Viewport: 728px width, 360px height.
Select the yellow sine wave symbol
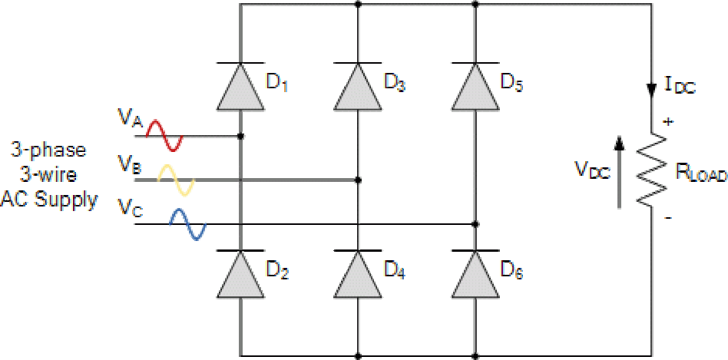pyautogui.click(x=177, y=180)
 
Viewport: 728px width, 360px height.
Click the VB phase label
pyautogui.click(x=127, y=163)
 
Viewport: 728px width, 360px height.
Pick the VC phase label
pyautogui.click(x=127, y=206)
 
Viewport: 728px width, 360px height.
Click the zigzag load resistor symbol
pyautogui.click(x=652, y=170)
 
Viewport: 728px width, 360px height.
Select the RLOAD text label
pyautogui.click(x=700, y=172)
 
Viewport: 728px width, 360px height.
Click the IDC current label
pyautogui.click(x=678, y=88)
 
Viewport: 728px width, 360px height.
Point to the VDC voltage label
pyautogui.click(x=592, y=170)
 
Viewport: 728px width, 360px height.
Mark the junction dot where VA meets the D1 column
pyautogui.click(x=241, y=137)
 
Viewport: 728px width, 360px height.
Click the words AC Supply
pyautogui.click(x=49, y=201)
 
